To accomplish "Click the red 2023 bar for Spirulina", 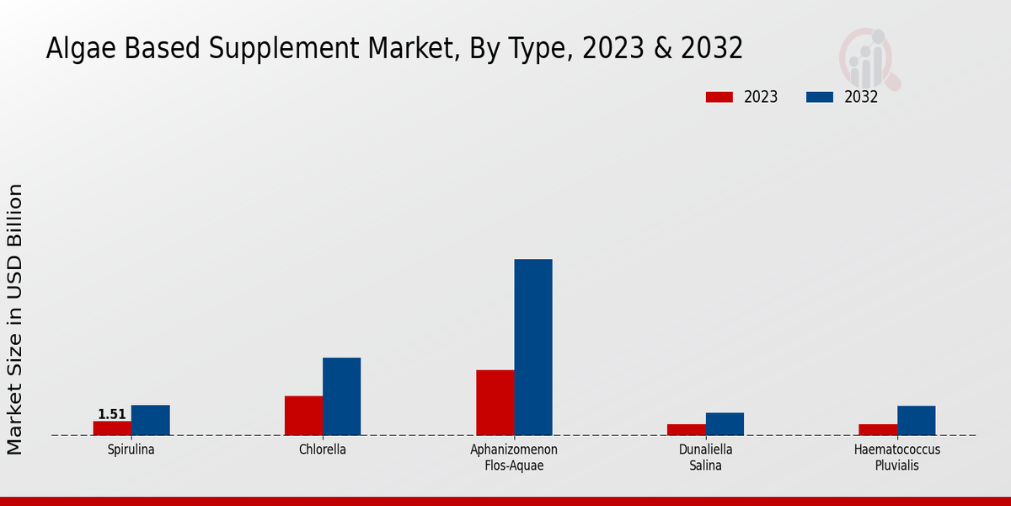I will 112,428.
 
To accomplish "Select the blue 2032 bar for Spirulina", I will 150,420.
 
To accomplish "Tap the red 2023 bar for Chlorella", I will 303,416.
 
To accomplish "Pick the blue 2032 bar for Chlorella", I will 341,396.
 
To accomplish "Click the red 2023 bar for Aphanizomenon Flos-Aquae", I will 495,402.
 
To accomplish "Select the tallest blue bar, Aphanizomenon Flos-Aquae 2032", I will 533,347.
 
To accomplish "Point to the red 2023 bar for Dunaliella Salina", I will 686,430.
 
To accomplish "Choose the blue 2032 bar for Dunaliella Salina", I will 725,424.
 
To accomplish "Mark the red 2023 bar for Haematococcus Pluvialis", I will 877,430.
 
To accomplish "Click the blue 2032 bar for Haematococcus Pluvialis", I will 916,421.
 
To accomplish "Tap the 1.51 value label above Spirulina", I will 112,414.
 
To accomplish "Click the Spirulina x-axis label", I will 131,449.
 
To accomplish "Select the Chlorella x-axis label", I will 323,449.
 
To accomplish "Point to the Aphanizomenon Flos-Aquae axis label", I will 514,457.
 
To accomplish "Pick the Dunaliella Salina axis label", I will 705,457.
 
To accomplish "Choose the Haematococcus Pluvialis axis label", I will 896,457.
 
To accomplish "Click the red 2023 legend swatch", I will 719,97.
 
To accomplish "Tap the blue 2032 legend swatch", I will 819,97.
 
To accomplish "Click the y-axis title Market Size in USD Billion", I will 15,319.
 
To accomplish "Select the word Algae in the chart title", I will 78,49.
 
